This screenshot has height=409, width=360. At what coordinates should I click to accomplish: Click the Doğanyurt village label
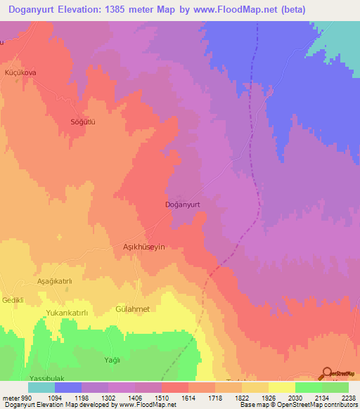tap(182, 204)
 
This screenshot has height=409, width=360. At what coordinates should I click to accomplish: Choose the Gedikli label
tap(13, 300)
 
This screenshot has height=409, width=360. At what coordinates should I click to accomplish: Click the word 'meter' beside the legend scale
tap(8, 398)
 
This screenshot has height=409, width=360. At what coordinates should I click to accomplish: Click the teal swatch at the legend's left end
tap(41, 387)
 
